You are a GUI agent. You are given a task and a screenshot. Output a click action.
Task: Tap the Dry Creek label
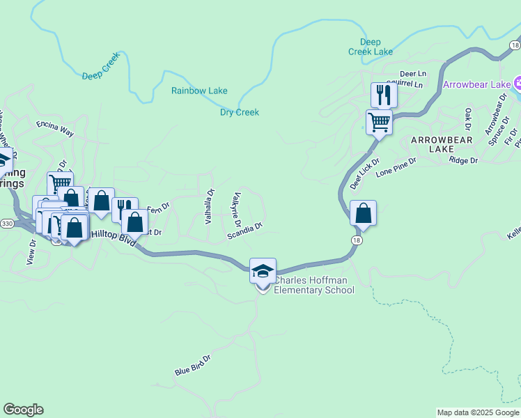coord(240,112)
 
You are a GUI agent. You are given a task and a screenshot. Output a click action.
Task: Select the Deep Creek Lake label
coord(371,47)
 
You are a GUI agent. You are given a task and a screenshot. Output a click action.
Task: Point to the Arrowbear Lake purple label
coord(477,85)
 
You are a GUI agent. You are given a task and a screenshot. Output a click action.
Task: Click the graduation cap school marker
coord(263,271)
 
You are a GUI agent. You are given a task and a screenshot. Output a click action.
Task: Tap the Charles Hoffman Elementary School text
coord(313,286)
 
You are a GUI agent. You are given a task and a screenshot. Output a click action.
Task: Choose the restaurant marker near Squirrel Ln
coord(383,95)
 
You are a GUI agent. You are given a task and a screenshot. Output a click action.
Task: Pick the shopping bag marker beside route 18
coord(363,212)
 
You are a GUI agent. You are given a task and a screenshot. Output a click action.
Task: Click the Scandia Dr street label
coord(244,231)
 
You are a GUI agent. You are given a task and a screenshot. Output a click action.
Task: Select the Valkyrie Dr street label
coord(237,210)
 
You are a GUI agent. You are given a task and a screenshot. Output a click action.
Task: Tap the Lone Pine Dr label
coord(396,166)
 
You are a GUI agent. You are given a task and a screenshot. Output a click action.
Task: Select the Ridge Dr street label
coord(464,160)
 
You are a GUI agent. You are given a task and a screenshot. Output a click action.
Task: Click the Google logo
coord(23,410)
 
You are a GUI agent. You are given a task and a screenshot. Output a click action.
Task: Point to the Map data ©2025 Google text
coord(478,412)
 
